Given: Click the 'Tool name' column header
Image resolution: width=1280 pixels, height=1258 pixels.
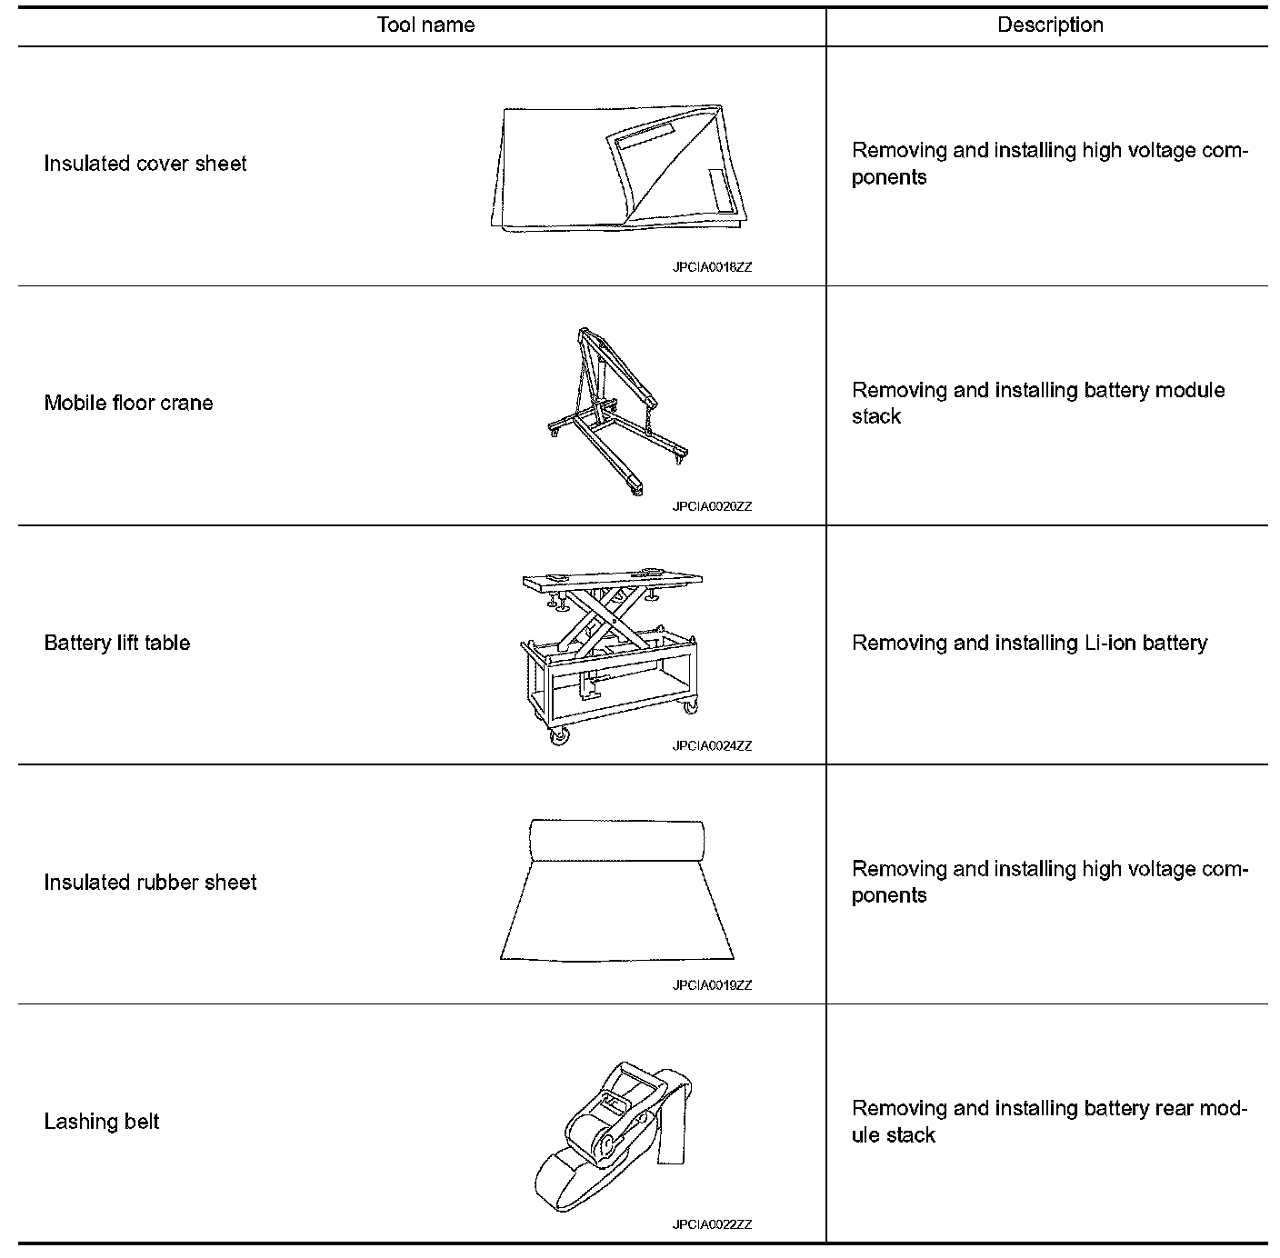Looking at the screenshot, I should tap(425, 25).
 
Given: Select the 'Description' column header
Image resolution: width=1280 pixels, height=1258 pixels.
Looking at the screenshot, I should tap(1050, 25).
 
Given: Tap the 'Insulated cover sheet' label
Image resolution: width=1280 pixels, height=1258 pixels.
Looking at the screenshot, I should tap(145, 164).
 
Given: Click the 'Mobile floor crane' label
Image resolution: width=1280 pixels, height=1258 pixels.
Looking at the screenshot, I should tap(128, 403).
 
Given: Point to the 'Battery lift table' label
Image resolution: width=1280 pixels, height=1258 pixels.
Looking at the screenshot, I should tap(117, 643).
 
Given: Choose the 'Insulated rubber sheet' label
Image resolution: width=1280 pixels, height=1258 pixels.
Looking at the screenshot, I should tap(150, 882).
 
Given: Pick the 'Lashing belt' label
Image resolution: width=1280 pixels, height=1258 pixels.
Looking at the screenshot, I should tap(102, 1122).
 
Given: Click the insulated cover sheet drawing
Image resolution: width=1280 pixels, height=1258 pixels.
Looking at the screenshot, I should tap(618, 169).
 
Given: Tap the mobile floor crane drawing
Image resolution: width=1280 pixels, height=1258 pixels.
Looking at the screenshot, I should tap(609, 409).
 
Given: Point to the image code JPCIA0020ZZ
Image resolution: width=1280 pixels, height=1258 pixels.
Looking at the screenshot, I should tap(712, 506).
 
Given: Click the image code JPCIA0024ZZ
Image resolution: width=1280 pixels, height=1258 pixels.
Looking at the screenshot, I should tap(712, 746).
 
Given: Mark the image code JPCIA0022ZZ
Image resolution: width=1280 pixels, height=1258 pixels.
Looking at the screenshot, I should tap(712, 1224).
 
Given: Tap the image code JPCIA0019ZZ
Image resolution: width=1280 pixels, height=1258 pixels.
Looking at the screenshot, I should tap(712, 985).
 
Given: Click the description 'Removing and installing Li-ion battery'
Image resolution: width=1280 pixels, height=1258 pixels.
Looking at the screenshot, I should tap(1029, 644).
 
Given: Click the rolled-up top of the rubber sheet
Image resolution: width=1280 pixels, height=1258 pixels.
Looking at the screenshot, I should tap(617, 839).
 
